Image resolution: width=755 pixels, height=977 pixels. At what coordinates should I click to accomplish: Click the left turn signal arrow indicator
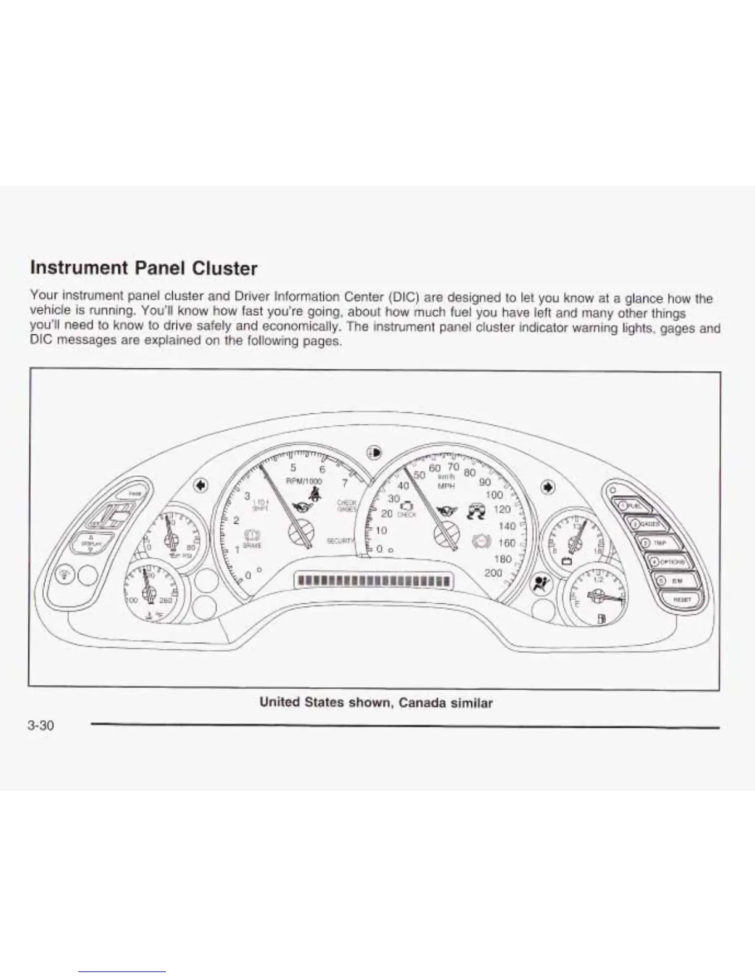[x=199, y=485]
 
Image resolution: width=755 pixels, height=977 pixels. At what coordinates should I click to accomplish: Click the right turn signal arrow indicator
[x=547, y=487]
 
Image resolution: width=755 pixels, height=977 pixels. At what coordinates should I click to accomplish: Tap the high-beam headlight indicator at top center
[x=373, y=451]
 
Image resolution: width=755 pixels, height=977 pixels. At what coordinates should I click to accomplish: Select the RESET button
[x=680, y=599]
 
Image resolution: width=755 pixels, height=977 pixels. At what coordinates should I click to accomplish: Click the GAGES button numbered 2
[x=646, y=524]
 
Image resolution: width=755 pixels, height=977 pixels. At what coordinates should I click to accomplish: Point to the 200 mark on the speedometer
[x=493, y=572]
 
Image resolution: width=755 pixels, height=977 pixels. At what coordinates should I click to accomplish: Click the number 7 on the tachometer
[x=345, y=484]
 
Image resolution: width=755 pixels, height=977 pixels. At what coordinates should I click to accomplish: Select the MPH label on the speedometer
[x=445, y=486]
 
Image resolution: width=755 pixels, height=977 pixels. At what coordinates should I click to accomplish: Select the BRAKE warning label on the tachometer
[x=253, y=545]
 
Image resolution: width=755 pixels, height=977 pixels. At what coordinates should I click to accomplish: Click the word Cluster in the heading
[x=225, y=268]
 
